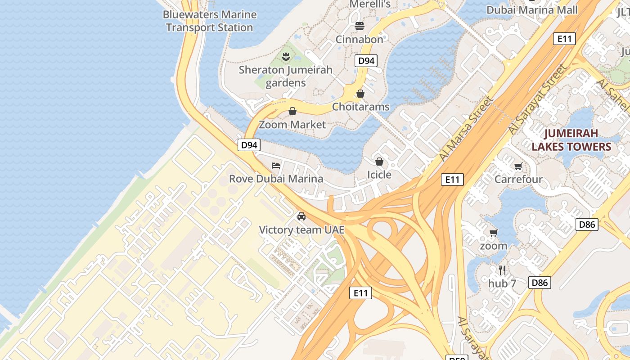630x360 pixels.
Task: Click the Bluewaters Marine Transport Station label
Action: pyautogui.click(x=210, y=21)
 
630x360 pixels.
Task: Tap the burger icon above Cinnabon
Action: pyautogui.click(x=359, y=26)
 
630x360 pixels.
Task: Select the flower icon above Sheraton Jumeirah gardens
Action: pyautogui.click(x=285, y=57)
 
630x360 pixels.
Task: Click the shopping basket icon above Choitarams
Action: pyautogui.click(x=360, y=94)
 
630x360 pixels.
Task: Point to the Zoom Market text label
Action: pyautogui.click(x=292, y=124)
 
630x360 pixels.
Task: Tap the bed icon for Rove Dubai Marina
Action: pyautogui.click(x=276, y=166)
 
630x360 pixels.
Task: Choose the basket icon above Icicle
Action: pyautogui.click(x=379, y=162)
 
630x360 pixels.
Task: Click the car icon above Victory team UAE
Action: pyautogui.click(x=301, y=216)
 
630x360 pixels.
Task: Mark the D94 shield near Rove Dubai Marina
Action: pyautogui.click(x=249, y=145)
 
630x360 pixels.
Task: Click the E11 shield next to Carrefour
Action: pyautogui.click(x=452, y=180)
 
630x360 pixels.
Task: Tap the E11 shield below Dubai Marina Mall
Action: pyautogui.click(x=564, y=39)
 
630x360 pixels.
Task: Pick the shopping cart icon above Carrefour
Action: pyautogui.click(x=518, y=166)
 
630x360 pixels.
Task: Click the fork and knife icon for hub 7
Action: pyautogui.click(x=502, y=270)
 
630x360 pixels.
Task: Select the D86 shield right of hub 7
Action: pyautogui.click(x=539, y=283)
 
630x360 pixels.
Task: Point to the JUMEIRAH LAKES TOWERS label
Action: pyautogui.click(x=571, y=140)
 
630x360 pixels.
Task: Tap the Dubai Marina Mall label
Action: pyautogui.click(x=532, y=10)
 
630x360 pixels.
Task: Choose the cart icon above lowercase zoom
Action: pyautogui.click(x=494, y=233)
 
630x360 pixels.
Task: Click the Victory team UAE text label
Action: pyautogui.click(x=301, y=230)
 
